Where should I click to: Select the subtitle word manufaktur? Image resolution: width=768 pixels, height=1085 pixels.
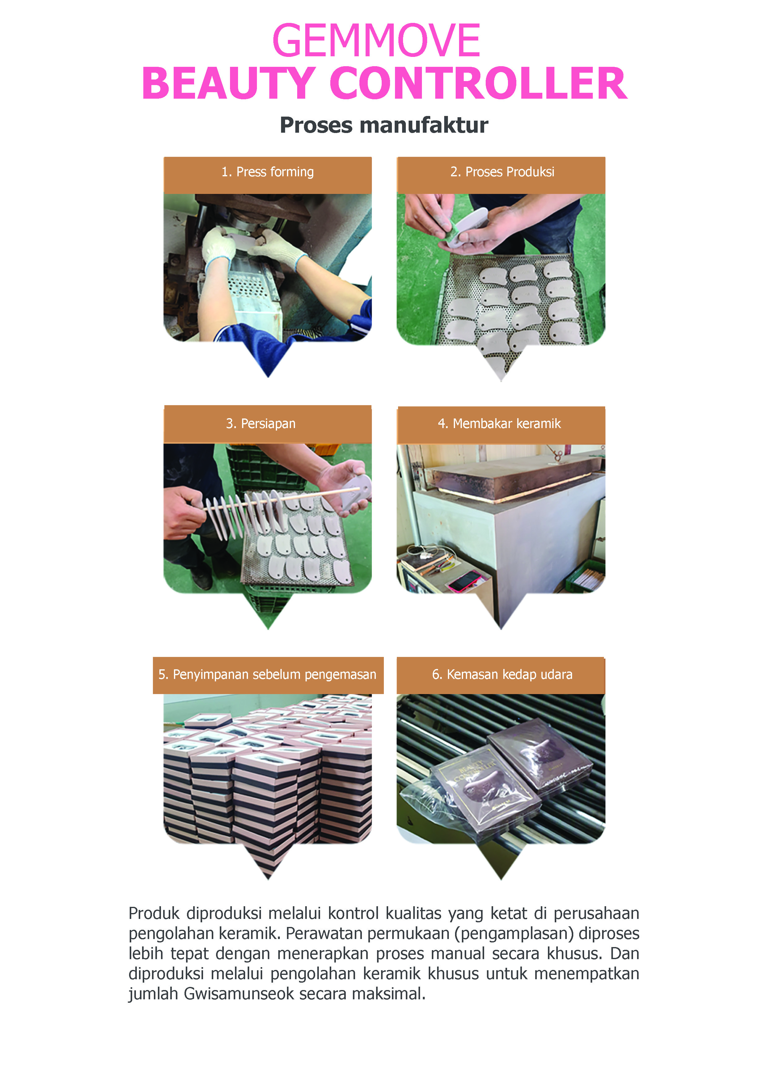pyautogui.click(x=424, y=125)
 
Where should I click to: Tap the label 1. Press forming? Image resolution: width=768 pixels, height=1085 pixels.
pyautogui.click(x=268, y=172)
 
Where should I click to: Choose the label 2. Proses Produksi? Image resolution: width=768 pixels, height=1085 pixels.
pyautogui.click(x=502, y=172)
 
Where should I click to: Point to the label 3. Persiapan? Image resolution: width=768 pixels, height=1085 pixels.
pyautogui.click(x=261, y=423)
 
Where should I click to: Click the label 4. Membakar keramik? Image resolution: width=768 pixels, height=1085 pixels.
pyautogui.click(x=499, y=423)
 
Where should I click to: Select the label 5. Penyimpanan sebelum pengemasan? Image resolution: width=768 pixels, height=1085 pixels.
pyautogui.click(x=268, y=674)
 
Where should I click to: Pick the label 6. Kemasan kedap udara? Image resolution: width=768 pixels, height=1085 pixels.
pyautogui.click(x=502, y=674)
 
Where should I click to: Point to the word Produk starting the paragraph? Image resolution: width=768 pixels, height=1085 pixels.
pyautogui.click(x=154, y=913)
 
